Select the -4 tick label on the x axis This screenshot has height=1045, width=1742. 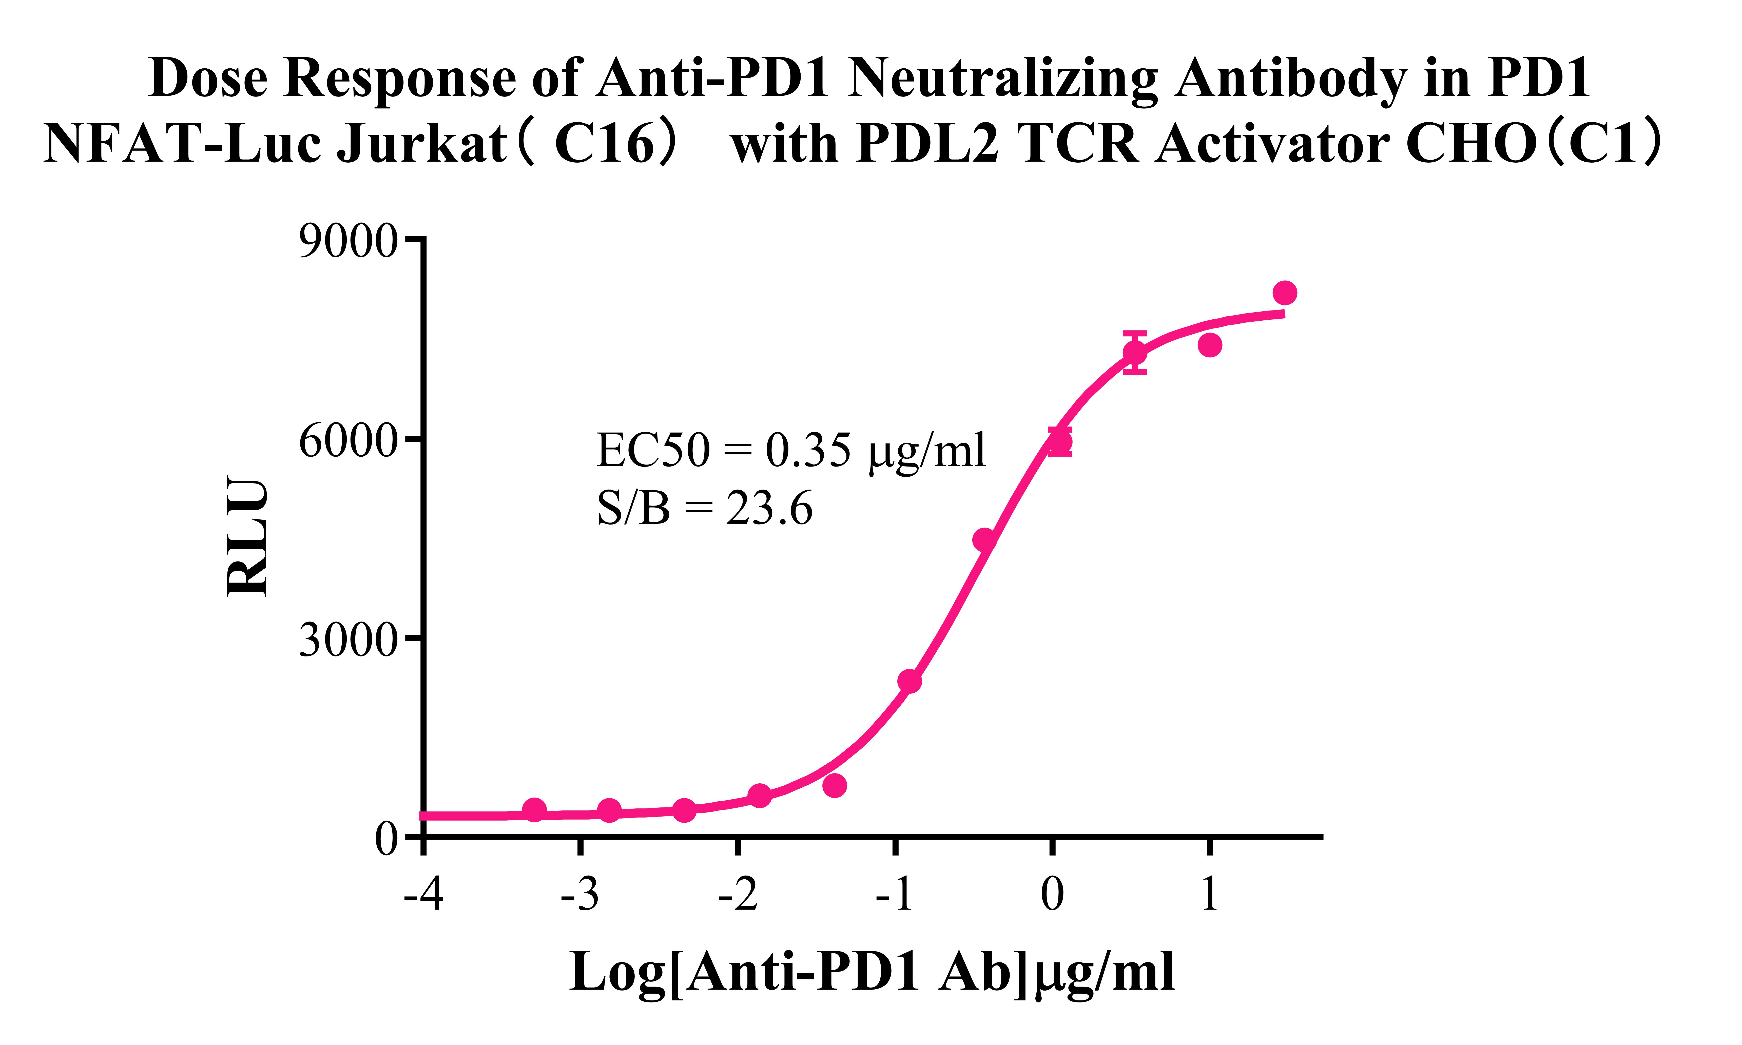(423, 894)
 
